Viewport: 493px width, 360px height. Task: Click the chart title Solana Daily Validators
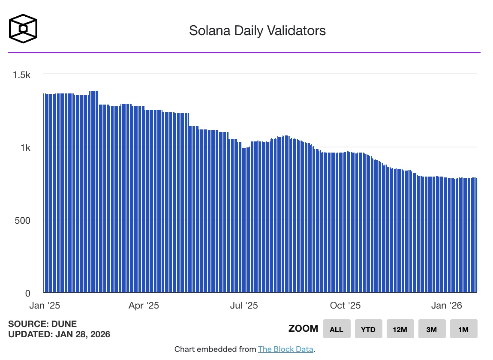click(x=257, y=31)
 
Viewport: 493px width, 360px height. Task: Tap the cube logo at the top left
click(x=23, y=29)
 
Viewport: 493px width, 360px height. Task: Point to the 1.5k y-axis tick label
click(x=21, y=75)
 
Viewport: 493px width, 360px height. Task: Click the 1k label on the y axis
click(x=25, y=148)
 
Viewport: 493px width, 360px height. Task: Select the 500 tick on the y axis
click(x=22, y=221)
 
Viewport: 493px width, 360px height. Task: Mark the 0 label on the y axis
click(x=27, y=294)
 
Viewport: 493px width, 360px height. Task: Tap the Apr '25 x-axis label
click(x=144, y=306)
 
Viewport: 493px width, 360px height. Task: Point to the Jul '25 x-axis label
click(x=244, y=306)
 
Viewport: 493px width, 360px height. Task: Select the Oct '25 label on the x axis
click(x=345, y=306)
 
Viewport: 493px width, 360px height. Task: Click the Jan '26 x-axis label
click(x=447, y=306)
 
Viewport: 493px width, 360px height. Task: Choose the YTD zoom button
click(x=368, y=329)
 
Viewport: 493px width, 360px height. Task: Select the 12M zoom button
click(x=400, y=329)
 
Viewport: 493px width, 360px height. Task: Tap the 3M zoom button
click(x=432, y=329)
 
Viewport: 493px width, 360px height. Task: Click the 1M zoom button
click(x=463, y=329)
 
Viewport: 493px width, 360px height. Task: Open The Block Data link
click(x=286, y=349)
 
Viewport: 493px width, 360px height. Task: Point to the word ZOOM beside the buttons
click(x=303, y=329)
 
